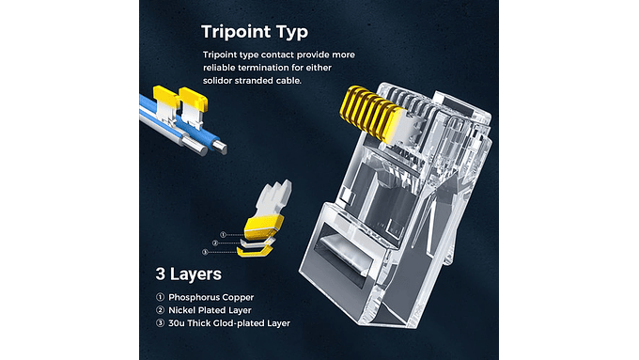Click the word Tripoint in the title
(x=234, y=32)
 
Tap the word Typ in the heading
(x=289, y=33)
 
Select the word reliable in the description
(x=219, y=68)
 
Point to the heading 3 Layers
(x=188, y=274)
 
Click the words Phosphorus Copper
(x=211, y=297)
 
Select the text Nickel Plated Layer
(x=210, y=310)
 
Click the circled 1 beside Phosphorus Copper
(x=160, y=297)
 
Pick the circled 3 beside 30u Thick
(x=160, y=323)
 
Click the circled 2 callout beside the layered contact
(x=215, y=243)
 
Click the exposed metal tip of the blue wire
(x=220, y=148)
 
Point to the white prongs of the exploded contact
(x=275, y=198)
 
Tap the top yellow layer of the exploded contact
(x=264, y=227)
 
